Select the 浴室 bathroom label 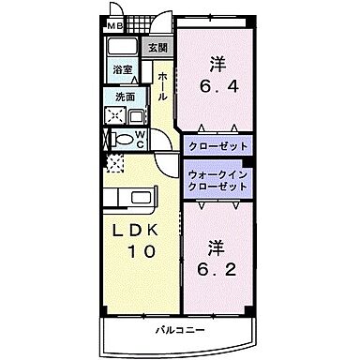click(x=122, y=69)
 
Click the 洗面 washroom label click(x=125, y=96)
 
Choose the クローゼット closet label click(x=218, y=147)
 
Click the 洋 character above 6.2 click(x=216, y=248)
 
